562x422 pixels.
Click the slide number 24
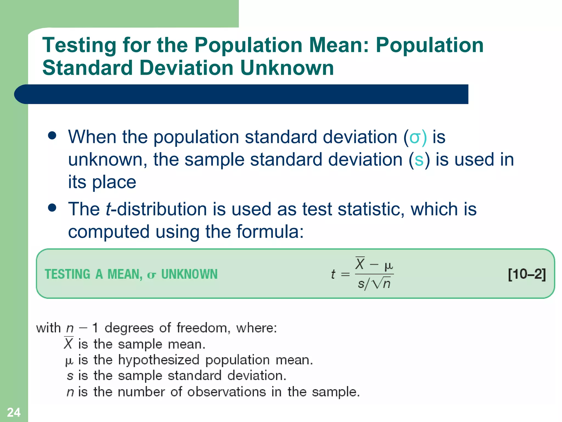point(14,412)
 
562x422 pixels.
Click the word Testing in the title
point(79,45)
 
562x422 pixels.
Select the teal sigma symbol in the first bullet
point(414,137)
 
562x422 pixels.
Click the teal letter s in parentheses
point(419,160)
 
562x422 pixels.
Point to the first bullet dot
point(52,135)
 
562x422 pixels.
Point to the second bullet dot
point(52,207)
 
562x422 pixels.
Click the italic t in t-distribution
point(108,209)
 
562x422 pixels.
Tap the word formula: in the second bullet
point(270,232)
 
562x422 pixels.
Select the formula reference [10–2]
point(527,274)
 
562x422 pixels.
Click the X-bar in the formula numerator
point(360,263)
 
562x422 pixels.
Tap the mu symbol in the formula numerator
point(389,266)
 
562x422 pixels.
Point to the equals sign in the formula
point(345,274)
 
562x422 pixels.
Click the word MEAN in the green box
point(125,274)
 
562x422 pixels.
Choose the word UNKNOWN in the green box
point(189,274)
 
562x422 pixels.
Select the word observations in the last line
point(226,392)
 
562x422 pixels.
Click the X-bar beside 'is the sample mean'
point(68,343)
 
